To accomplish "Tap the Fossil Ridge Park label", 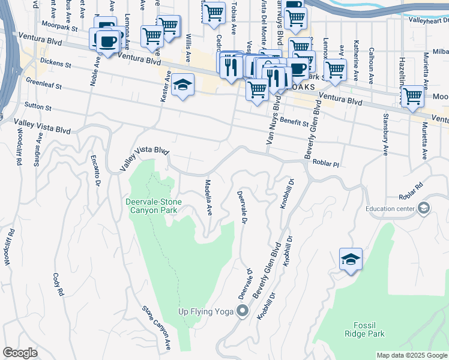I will (365, 329).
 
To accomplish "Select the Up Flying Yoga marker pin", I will (243, 311).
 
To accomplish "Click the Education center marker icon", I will (424, 209).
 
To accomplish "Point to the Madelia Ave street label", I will (208, 197).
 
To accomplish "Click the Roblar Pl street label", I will (326, 163).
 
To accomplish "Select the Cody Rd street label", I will (58, 284).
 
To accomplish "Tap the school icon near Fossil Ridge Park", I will (351, 259).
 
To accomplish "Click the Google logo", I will (20, 353).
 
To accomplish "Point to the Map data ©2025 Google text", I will (412, 355).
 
